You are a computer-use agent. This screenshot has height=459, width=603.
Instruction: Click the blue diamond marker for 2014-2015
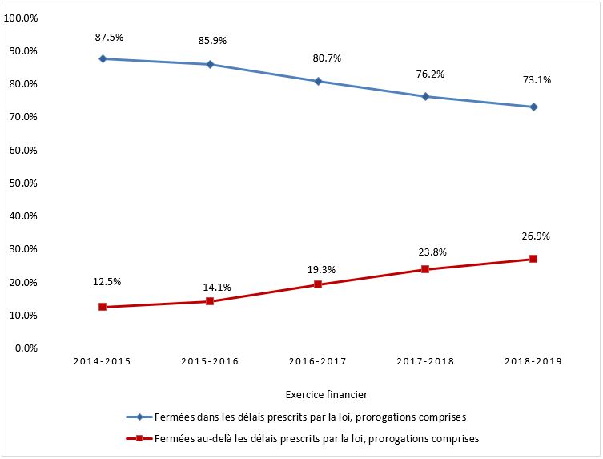[x=103, y=58]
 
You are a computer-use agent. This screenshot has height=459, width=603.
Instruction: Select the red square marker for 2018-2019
[x=533, y=259]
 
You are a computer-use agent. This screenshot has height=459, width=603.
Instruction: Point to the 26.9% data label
[x=533, y=236]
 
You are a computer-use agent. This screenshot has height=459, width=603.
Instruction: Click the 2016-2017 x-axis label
[x=317, y=361]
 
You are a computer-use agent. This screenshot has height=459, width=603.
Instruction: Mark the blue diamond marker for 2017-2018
[x=425, y=96]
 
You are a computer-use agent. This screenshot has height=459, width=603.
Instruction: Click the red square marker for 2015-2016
[x=210, y=301]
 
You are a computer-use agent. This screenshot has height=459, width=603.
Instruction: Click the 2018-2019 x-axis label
[x=533, y=361]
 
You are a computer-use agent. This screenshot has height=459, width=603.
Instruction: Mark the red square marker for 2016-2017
[x=318, y=284]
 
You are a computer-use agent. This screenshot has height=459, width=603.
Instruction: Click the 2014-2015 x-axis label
[x=103, y=361]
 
